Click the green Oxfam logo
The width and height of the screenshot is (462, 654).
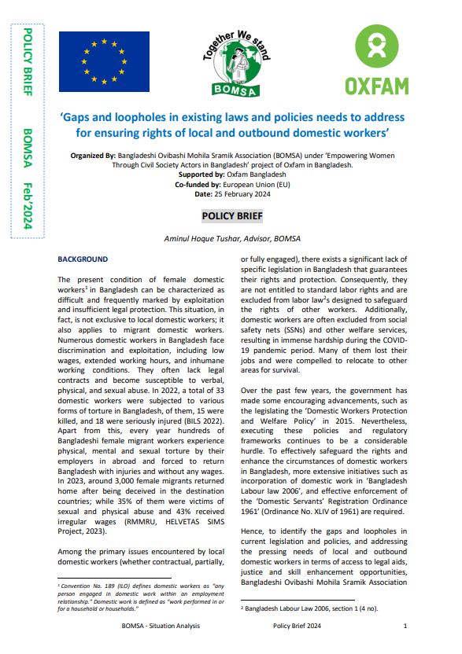(x=376, y=59)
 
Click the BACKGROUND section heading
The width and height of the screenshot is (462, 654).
(x=83, y=258)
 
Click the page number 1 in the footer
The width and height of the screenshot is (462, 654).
(x=405, y=626)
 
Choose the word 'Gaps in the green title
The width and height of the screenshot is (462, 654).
(x=79, y=116)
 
